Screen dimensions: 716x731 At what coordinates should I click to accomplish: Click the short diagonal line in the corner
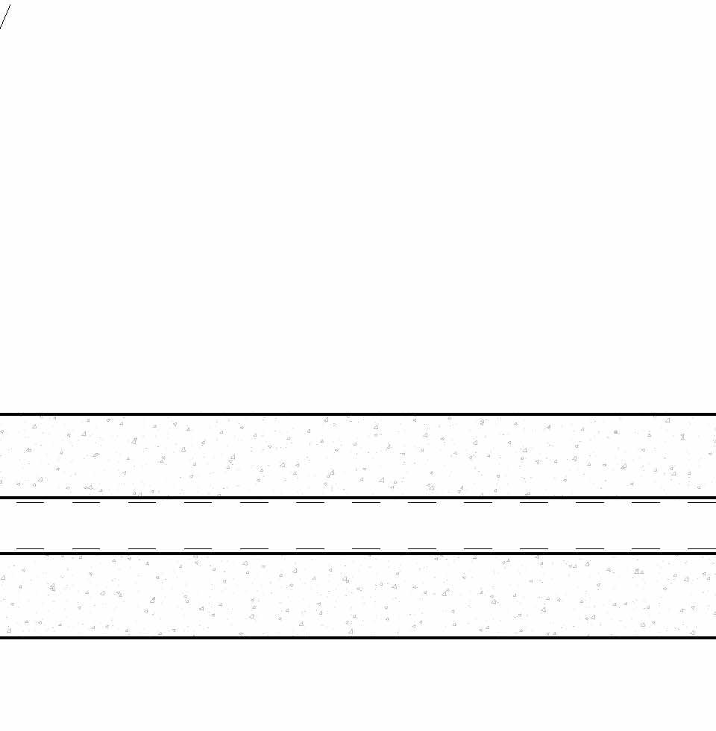click(5, 17)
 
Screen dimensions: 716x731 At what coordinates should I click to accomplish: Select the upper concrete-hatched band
click(358, 455)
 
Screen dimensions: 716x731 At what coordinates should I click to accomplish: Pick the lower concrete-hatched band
click(358, 595)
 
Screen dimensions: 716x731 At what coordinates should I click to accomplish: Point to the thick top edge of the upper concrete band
click(358, 414)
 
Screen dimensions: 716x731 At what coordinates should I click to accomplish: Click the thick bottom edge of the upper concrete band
click(358, 497)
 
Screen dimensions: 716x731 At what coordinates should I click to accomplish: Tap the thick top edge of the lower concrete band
click(358, 554)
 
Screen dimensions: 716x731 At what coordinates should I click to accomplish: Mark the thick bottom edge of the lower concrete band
click(358, 637)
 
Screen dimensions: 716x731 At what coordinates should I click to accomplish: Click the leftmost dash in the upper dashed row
click(30, 503)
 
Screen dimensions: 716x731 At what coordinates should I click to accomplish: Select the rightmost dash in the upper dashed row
click(701, 503)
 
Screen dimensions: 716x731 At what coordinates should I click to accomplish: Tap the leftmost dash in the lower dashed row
click(30, 548)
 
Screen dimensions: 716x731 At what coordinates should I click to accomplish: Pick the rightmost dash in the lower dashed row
click(701, 548)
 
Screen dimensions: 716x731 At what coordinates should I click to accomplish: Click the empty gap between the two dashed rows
click(358, 526)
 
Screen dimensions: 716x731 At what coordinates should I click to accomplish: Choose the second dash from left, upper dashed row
click(86, 503)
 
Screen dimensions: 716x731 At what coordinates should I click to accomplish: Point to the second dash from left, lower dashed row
click(86, 548)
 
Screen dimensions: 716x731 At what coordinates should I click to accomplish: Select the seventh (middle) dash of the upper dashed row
click(365, 503)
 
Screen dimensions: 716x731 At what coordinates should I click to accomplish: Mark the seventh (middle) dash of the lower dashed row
click(365, 548)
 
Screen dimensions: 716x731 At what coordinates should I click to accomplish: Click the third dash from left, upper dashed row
click(142, 503)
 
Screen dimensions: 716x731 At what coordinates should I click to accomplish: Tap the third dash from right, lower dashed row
click(589, 548)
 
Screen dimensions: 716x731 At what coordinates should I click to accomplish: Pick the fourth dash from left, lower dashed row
click(198, 548)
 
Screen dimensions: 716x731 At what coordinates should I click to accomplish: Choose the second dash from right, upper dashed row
click(645, 503)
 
